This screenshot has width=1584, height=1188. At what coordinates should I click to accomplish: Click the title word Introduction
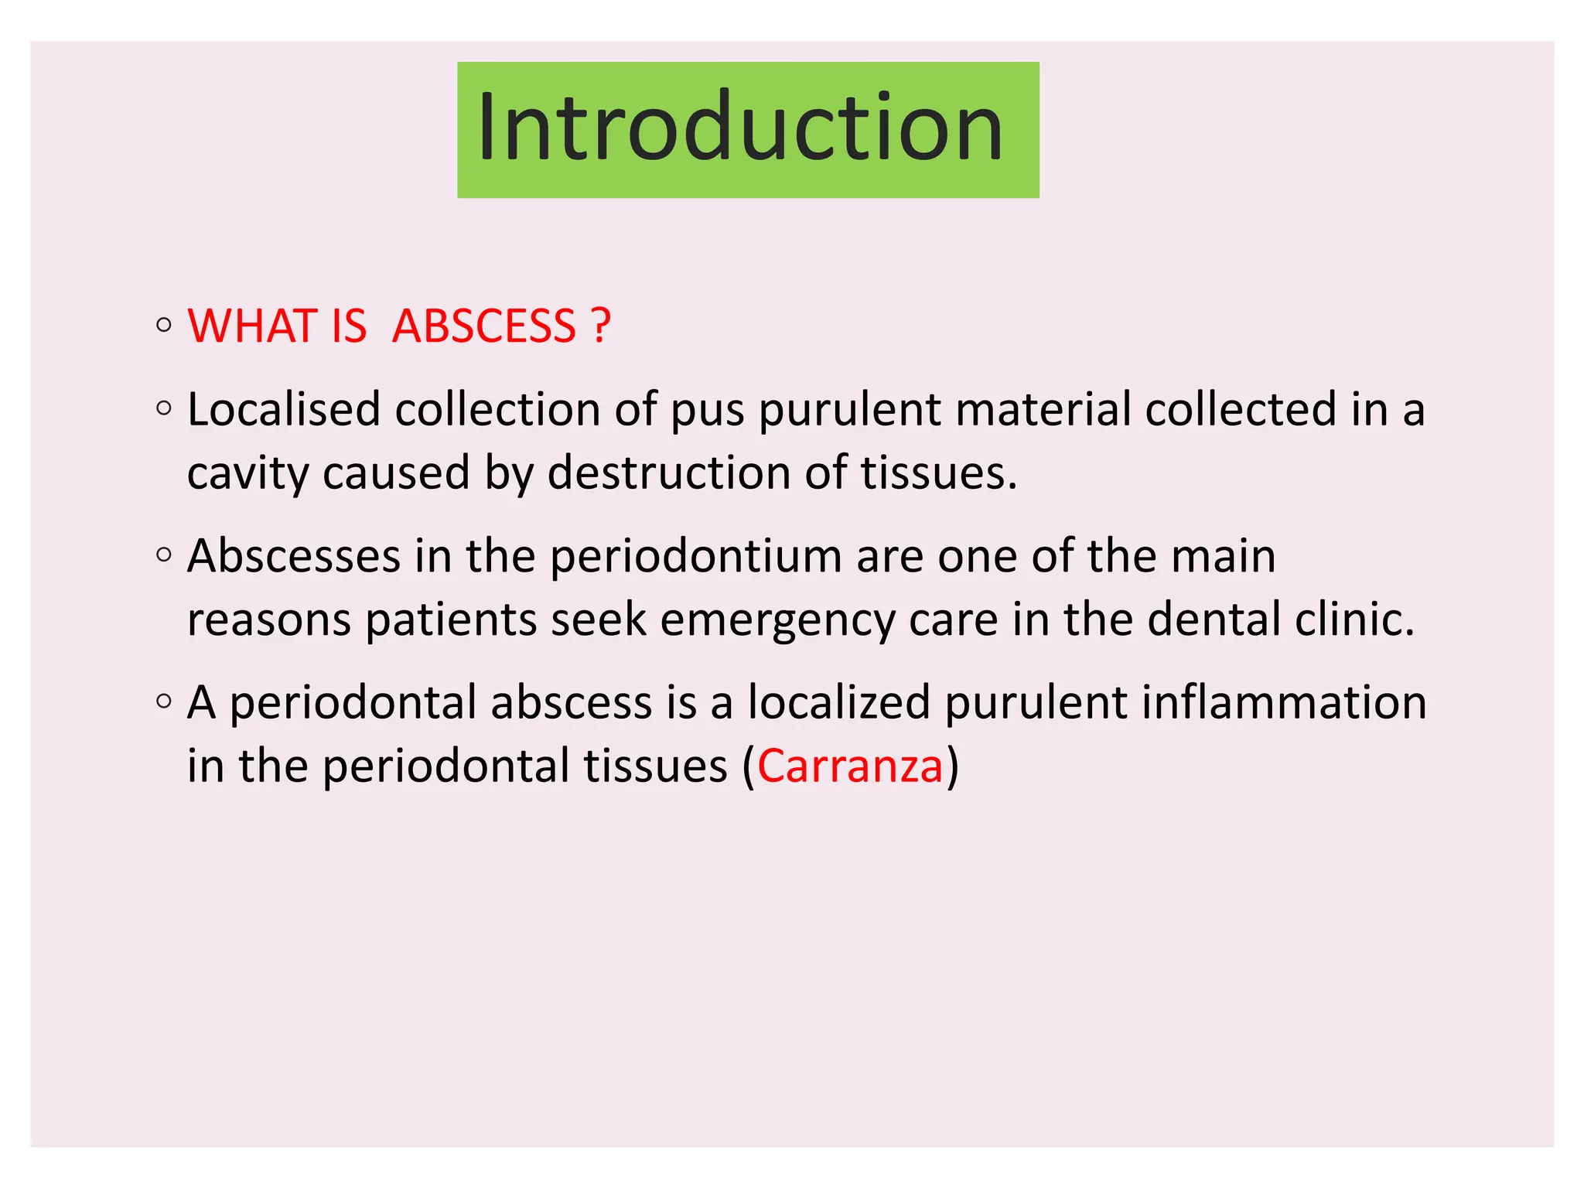tap(740, 128)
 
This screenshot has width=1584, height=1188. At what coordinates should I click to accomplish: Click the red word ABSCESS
tap(484, 326)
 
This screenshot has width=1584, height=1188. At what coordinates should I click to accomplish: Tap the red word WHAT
tap(252, 326)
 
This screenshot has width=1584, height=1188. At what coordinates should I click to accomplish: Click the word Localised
tap(284, 409)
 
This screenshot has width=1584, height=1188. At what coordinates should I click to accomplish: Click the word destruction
tap(669, 473)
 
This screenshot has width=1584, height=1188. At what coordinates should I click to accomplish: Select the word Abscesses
tap(294, 556)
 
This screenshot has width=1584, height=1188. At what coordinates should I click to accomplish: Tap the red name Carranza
tap(849, 766)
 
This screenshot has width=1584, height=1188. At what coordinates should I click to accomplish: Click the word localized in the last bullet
tap(838, 703)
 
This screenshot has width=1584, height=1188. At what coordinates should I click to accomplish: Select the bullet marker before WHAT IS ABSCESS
tap(163, 325)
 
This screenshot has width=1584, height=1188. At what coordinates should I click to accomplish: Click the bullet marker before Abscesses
tap(163, 555)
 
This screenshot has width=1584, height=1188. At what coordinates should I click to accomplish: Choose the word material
tap(1043, 409)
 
